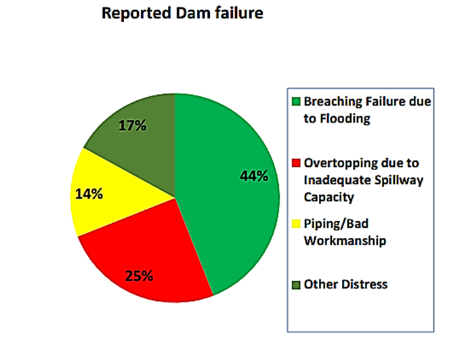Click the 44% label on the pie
[x=254, y=176]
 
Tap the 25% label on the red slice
[x=139, y=275]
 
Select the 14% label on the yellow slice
[x=89, y=194]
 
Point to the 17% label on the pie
[x=133, y=125]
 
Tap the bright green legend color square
[x=296, y=102]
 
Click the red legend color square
[x=296, y=163]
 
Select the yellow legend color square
[x=296, y=224]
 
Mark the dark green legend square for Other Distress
[x=296, y=285]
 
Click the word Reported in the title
[x=136, y=14]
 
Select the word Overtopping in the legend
[x=339, y=163]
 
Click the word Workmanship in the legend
[x=345, y=241]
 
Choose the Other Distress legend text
[x=345, y=285]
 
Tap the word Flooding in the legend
[x=345, y=119]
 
